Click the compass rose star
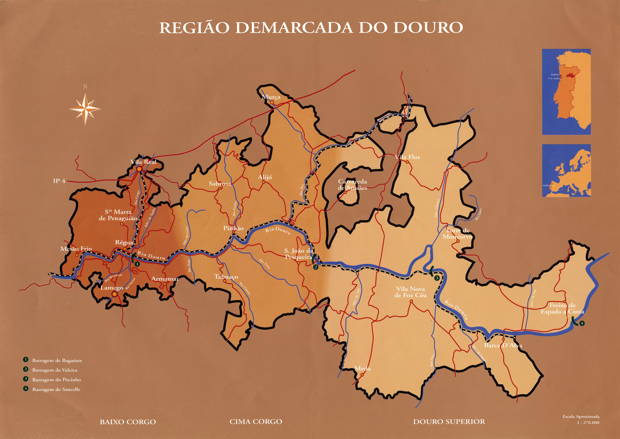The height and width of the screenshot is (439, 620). (85, 109)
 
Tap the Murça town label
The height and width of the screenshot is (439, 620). (271, 97)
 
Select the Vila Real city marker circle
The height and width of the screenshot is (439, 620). (139, 169)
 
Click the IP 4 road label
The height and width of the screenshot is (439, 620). (59, 181)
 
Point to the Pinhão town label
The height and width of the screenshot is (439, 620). (233, 228)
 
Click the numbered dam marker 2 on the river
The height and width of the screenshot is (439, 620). (316, 267)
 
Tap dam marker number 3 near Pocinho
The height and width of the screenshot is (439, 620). (437, 278)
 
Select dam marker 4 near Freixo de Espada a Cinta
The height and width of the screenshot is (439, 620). (582, 323)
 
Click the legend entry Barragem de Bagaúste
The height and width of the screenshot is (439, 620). (57, 360)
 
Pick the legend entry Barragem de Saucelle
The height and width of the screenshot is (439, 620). (56, 389)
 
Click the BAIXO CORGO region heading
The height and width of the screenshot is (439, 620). (128, 422)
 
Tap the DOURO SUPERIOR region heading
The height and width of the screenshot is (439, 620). (449, 422)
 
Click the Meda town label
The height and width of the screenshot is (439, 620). (362, 369)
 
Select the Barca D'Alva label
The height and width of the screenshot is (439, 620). (503, 346)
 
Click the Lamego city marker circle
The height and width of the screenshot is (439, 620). (114, 294)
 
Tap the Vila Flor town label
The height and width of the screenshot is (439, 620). (407, 157)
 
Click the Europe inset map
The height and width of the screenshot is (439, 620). (566, 170)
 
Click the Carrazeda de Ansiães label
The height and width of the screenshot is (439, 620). (352, 185)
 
